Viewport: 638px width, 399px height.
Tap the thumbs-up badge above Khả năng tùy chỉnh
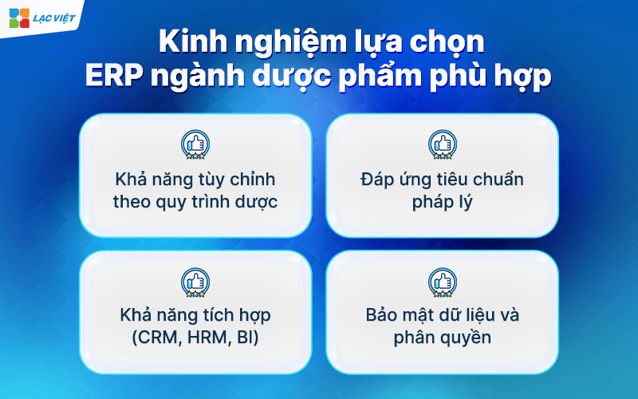(x=195, y=144)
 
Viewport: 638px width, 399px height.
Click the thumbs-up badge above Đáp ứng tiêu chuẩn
(x=443, y=144)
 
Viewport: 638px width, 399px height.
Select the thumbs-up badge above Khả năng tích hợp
(x=195, y=282)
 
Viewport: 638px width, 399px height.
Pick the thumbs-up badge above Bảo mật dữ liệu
(x=443, y=282)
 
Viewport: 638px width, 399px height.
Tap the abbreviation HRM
(x=206, y=338)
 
